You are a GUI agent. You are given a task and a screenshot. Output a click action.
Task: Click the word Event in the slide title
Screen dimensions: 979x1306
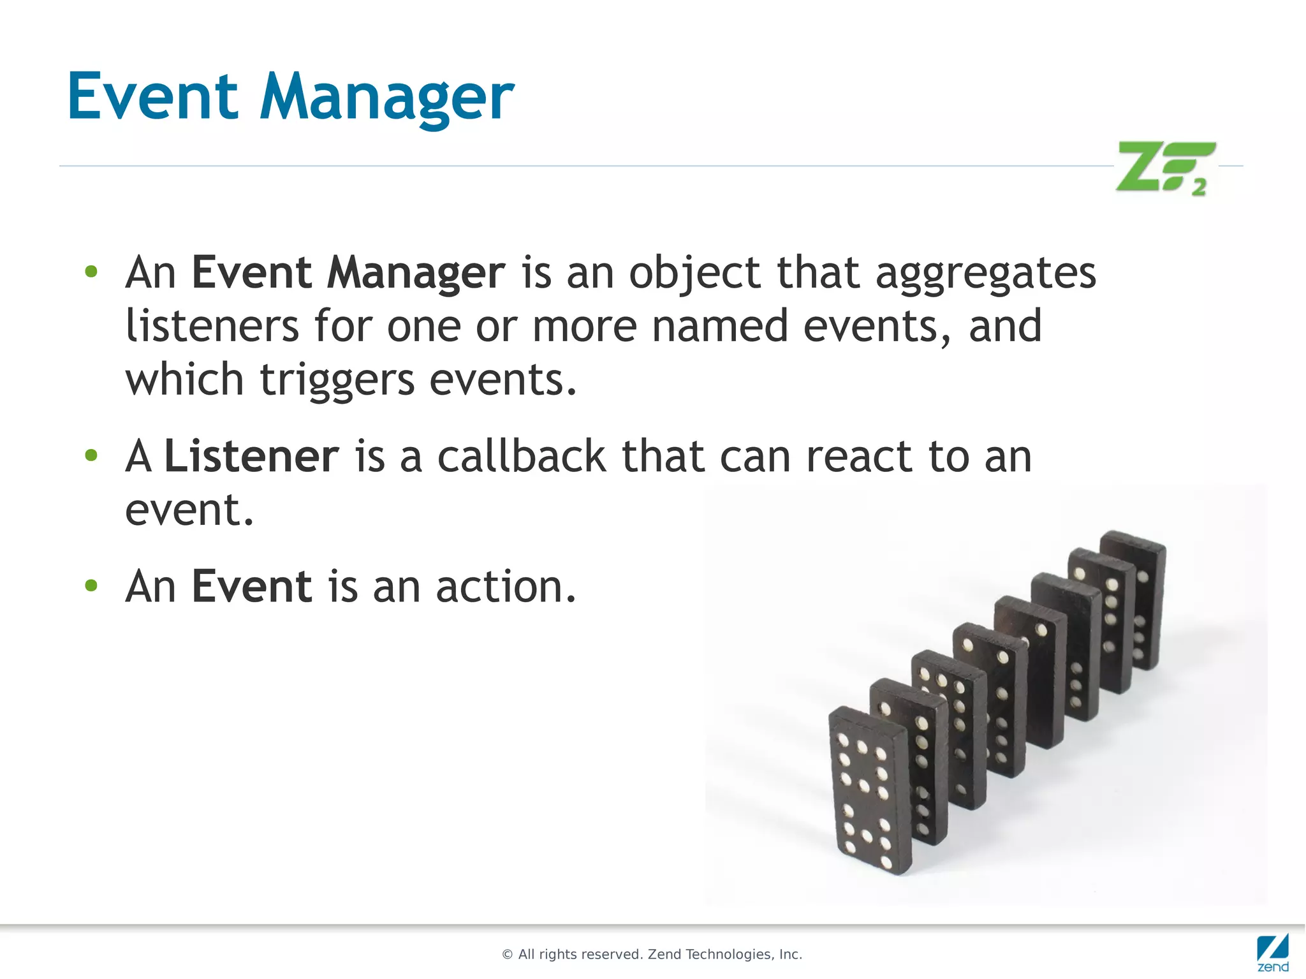[x=152, y=97]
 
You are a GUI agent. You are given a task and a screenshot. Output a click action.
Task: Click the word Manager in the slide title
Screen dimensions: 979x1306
[x=386, y=99]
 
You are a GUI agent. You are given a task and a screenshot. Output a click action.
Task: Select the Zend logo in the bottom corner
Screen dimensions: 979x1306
[x=1272, y=952]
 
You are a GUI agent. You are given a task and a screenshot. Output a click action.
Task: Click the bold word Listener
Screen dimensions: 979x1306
[x=251, y=457]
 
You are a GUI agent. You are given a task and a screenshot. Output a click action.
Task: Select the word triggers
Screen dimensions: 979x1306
[x=337, y=380]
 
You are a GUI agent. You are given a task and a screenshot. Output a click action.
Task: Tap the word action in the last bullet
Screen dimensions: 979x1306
[x=505, y=587]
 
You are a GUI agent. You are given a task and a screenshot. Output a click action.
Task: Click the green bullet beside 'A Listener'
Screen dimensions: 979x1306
[x=91, y=455]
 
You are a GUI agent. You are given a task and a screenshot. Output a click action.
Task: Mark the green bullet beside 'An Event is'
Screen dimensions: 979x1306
[x=91, y=585]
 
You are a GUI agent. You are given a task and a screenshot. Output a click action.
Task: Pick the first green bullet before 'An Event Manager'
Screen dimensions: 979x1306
[x=91, y=272]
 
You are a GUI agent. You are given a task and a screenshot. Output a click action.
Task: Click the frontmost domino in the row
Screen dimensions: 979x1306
[x=869, y=791]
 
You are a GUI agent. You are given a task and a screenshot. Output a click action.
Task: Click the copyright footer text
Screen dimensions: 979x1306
[x=652, y=954]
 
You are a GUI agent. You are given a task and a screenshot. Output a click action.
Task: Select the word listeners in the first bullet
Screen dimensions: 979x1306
[x=212, y=327]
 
